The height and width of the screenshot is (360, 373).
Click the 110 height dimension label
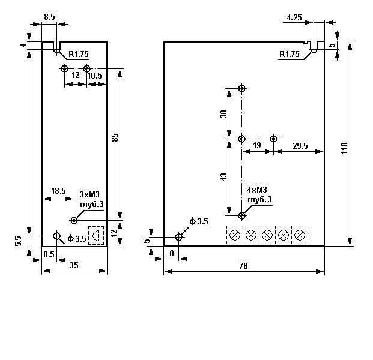coord(345,148)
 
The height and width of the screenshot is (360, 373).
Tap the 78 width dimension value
coord(243,266)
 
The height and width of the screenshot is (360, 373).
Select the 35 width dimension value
coord(74,265)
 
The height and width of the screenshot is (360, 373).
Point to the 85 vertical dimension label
coord(115,137)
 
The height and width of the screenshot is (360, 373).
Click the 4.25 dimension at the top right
coord(294,17)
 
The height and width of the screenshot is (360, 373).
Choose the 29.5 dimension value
coord(300,146)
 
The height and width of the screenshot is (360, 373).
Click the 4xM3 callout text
coord(257,190)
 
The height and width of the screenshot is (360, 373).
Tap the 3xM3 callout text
coord(89,194)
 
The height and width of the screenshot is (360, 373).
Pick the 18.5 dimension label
coord(58,191)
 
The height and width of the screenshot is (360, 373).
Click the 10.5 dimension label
coord(94,76)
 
